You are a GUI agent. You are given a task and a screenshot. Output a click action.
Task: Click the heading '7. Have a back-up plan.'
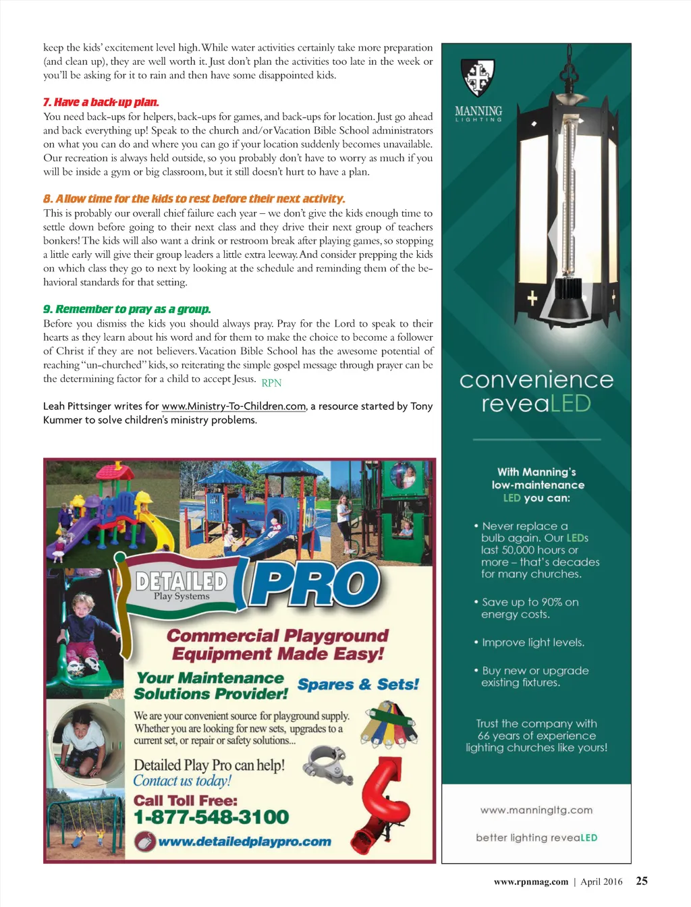point(101,103)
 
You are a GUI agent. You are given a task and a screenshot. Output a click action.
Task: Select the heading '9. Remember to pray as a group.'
point(127,309)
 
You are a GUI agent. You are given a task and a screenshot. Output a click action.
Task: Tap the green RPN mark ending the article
point(271,383)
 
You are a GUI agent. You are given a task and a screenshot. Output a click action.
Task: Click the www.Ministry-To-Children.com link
point(233,406)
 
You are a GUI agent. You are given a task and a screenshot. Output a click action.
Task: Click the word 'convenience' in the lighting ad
point(536,380)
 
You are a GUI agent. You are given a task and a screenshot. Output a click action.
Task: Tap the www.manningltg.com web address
point(536,810)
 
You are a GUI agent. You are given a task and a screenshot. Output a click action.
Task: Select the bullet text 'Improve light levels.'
point(532,642)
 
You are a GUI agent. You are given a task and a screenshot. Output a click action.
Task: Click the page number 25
point(642,881)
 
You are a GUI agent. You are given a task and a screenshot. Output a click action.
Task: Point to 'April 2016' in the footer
point(601,881)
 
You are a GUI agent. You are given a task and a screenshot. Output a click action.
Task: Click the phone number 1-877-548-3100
point(211,817)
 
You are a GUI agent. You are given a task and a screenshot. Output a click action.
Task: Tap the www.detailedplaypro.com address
point(244,842)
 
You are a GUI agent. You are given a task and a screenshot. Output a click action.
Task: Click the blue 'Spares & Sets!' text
point(358,684)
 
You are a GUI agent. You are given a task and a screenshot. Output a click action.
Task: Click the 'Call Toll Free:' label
point(186,800)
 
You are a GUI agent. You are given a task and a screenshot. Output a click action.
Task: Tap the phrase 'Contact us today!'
point(182,781)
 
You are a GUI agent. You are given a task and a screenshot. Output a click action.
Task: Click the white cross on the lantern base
point(532,298)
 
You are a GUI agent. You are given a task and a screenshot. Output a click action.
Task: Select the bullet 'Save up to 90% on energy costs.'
point(529,608)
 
